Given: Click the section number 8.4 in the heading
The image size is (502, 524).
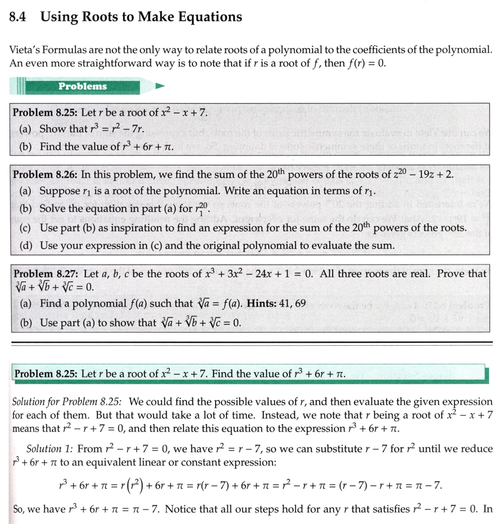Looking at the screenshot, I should pos(18,17).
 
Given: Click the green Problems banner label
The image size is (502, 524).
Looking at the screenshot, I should pos(83,86).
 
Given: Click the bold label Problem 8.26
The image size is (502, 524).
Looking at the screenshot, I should pos(44,174).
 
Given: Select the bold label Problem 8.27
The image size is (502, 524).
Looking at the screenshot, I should pos(45,274).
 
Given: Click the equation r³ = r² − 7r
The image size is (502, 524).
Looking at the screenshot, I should pos(116,129).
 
